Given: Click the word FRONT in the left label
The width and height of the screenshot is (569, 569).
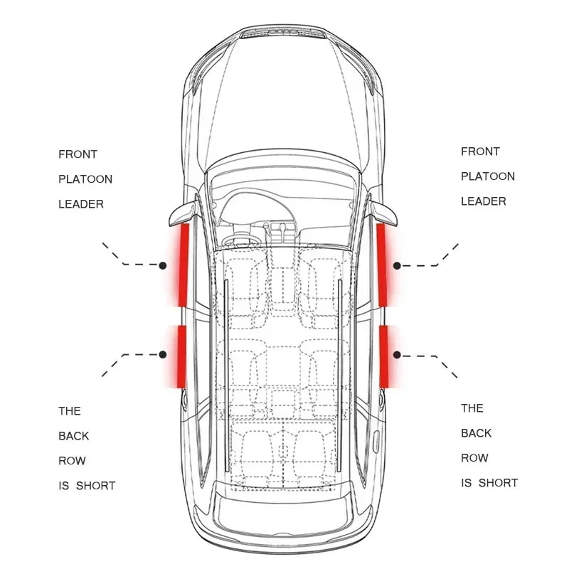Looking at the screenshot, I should [x=78, y=154].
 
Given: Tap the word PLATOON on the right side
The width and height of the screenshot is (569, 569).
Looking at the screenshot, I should [x=488, y=176].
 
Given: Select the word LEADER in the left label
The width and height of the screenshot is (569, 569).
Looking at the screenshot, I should [x=81, y=204].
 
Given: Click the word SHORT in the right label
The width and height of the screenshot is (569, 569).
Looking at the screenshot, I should [x=498, y=483].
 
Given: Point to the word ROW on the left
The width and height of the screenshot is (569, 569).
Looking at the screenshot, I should [x=72, y=461].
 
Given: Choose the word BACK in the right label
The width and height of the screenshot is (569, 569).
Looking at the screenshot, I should [x=476, y=433].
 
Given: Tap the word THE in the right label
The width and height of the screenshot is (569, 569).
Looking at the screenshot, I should [x=472, y=408].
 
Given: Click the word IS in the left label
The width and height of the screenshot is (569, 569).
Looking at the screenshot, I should [x=63, y=486].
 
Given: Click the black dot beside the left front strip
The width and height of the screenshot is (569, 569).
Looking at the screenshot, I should [x=163, y=265].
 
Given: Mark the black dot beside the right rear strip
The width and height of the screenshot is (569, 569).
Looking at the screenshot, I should [x=398, y=354].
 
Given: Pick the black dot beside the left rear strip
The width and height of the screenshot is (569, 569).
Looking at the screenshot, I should [x=163, y=353].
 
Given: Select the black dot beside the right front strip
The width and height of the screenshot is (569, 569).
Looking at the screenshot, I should [x=398, y=265].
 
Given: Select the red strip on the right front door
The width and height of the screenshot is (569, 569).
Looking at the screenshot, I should [x=381, y=265].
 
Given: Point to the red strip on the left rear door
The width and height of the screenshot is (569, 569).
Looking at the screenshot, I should [x=181, y=356].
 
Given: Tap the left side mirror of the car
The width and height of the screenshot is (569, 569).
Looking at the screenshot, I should [x=181, y=211].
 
